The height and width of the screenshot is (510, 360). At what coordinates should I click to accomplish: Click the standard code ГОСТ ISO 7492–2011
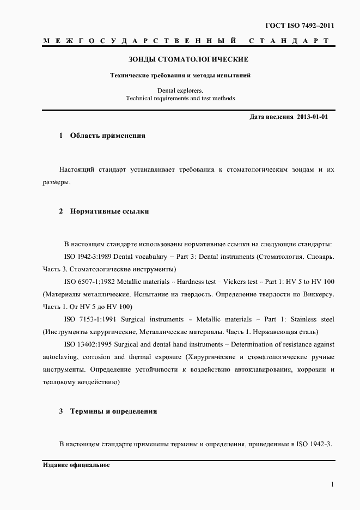coord(299,26)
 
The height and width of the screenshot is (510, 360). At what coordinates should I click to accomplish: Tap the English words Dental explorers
coord(180,90)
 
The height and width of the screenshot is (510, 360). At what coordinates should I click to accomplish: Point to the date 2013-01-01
coord(313,117)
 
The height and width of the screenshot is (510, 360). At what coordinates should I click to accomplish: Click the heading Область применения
coord(107,136)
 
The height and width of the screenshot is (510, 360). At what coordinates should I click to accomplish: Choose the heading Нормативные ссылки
coord(109,211)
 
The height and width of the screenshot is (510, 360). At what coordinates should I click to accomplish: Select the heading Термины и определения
coord(113,411)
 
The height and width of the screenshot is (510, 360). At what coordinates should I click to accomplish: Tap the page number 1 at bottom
coord(332,484)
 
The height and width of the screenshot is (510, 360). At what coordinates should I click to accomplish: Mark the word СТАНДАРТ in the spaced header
coord(289,41)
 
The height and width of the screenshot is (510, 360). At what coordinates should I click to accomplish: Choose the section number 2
coord(61,211)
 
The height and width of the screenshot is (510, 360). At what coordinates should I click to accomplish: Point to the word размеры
coord(56,183)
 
